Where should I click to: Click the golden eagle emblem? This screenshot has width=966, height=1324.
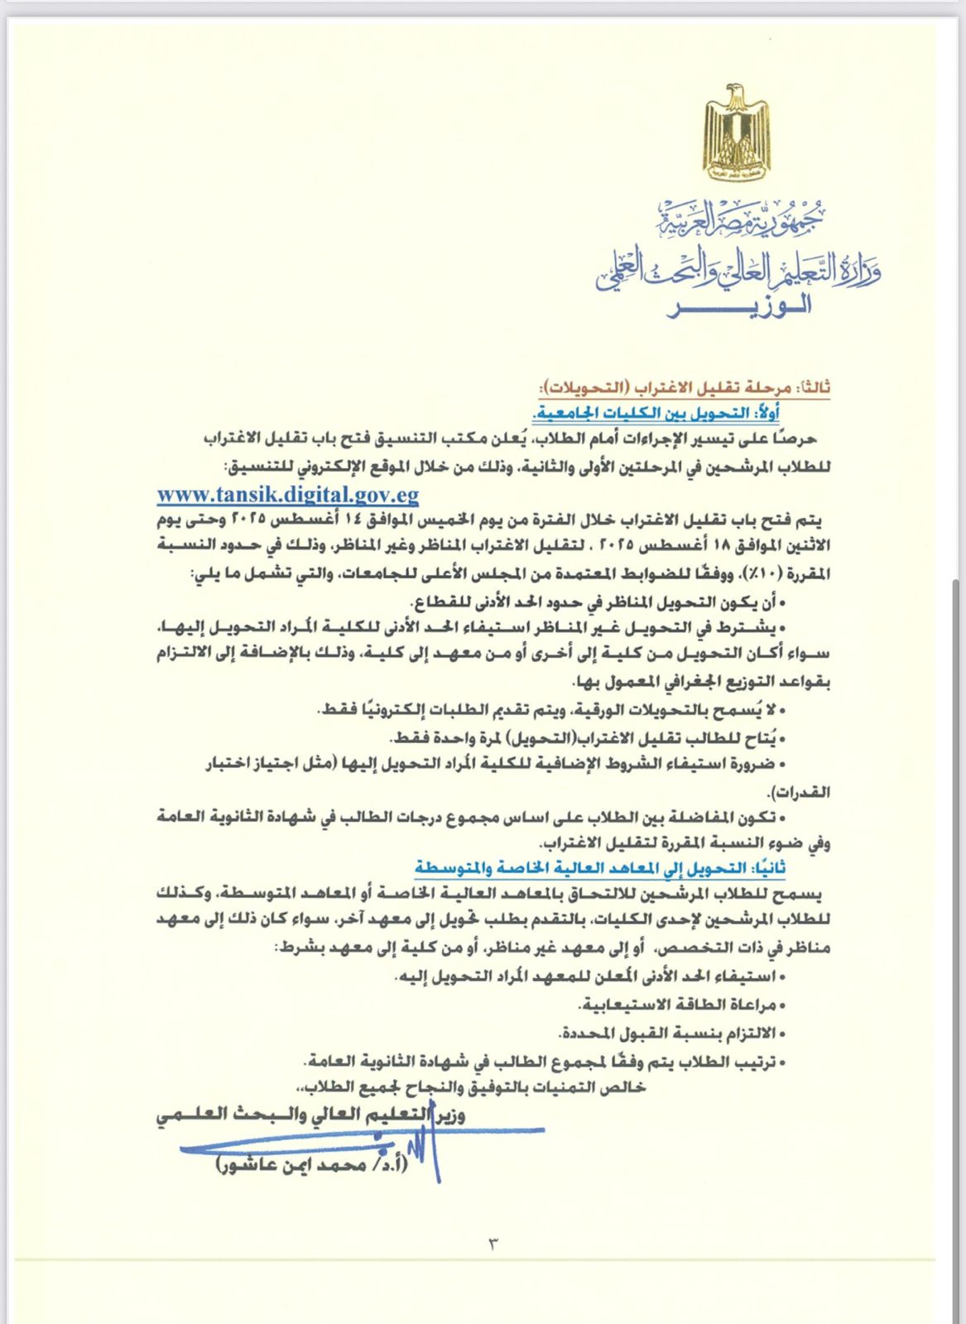[736, 132]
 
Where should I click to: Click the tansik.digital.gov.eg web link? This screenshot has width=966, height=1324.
[288, 495]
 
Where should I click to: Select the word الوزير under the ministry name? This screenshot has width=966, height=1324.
[739, 307]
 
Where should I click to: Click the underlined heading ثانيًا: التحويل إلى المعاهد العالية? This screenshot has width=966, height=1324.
[600, 868]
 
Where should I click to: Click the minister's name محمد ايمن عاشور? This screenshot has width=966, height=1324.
[311, 1164]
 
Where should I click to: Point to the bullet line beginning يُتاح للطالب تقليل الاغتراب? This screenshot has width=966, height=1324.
[588, 737]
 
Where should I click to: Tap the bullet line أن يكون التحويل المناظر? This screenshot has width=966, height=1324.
[596, 601]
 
